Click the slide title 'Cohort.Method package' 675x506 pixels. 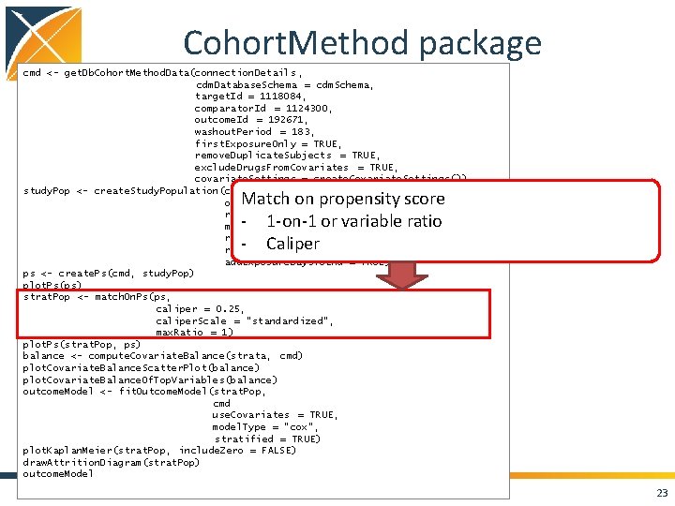pos(362,42)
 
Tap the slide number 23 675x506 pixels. pos(662,494)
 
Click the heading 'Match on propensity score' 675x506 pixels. pos(342,199)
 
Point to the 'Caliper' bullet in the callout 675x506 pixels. pos(292,244)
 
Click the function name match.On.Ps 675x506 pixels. pos(127,296)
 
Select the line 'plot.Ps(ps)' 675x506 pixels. pos(52,285)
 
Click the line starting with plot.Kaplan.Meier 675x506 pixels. pos(159,451)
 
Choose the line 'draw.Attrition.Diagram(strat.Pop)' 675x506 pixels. pos(111,462)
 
